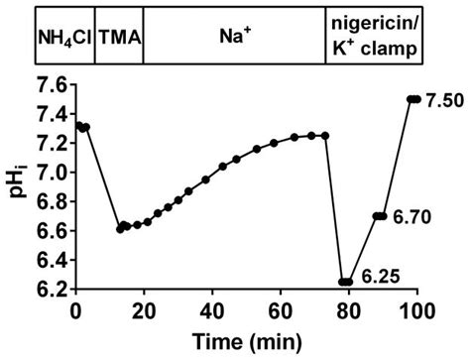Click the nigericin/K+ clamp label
point(374,42)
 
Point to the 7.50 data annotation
point(443,99)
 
